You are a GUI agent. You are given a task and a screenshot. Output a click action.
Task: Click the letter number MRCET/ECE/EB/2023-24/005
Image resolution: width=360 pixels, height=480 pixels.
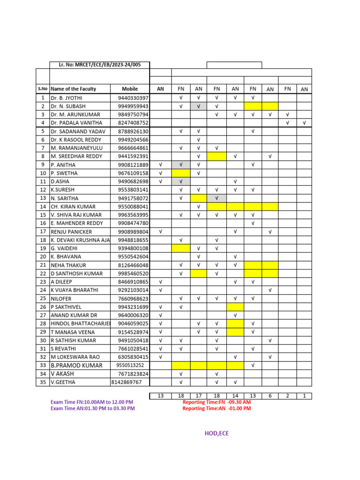[99, 65]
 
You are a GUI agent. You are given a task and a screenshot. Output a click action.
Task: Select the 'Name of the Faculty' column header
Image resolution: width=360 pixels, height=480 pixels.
[73, 89]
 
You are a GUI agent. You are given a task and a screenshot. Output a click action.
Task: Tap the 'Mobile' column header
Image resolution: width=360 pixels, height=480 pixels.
[130, 89]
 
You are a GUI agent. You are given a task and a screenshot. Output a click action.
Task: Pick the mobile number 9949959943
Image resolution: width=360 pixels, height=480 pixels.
[133, 106]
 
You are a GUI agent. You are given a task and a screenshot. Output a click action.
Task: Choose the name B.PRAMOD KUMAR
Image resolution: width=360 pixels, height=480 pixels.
[76, 365]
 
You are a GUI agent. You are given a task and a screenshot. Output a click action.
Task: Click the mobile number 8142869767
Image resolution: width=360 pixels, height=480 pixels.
[126, 382]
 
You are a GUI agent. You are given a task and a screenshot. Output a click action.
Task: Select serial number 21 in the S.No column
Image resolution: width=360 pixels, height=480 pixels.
[43, 265]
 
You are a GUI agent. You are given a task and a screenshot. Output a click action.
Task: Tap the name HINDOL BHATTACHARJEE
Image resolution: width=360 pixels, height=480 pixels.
[80, 323]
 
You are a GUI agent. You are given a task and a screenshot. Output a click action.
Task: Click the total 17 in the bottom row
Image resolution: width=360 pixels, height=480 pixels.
[198, 396]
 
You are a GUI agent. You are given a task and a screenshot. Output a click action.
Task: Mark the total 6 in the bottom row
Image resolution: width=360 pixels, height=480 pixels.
[270, 396]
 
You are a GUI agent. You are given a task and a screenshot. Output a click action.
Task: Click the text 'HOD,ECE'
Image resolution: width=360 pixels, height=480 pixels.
[217, 434]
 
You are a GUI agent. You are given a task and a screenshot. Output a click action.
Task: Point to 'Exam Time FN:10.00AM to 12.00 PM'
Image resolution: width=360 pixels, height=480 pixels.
[92, 402]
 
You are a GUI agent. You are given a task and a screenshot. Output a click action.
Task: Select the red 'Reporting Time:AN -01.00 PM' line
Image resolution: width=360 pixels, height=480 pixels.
[217, 408]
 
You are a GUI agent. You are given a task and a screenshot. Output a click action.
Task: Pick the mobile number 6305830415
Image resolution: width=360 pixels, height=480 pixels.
[133, 357]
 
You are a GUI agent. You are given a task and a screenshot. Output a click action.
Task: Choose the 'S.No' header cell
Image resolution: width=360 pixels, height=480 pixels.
[43, 89]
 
